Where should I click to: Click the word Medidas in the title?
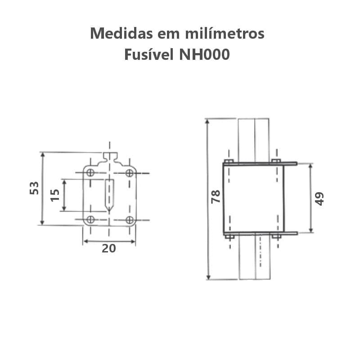[x=121, y=33]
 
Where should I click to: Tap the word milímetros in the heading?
[x=225, y=33]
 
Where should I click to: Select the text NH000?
[x=204, y=54]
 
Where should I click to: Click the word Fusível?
[x=149, y=54]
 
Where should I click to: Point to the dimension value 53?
[x=35, y=188]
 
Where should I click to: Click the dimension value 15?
[x=55, y=195]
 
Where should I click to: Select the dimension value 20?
[x=109, y=248]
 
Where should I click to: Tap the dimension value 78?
[x=216, y=197]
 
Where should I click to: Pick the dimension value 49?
[x=319, y=199]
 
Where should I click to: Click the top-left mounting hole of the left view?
[x=90, y=172]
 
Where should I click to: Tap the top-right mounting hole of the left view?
[x=130, y=173]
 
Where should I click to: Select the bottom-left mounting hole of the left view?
[x=90, y=220]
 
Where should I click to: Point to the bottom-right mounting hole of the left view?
[x=130, y=220]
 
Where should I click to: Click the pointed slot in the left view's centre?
[x=109, y=195]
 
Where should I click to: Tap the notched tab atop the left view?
[x=110, y=157]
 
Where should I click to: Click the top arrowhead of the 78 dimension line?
[x=207, y=121]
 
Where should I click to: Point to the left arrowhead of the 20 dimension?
[x=86, y=241]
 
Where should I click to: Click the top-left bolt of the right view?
[x=229, y=161]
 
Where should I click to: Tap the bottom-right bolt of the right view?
[x=276, y=236]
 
